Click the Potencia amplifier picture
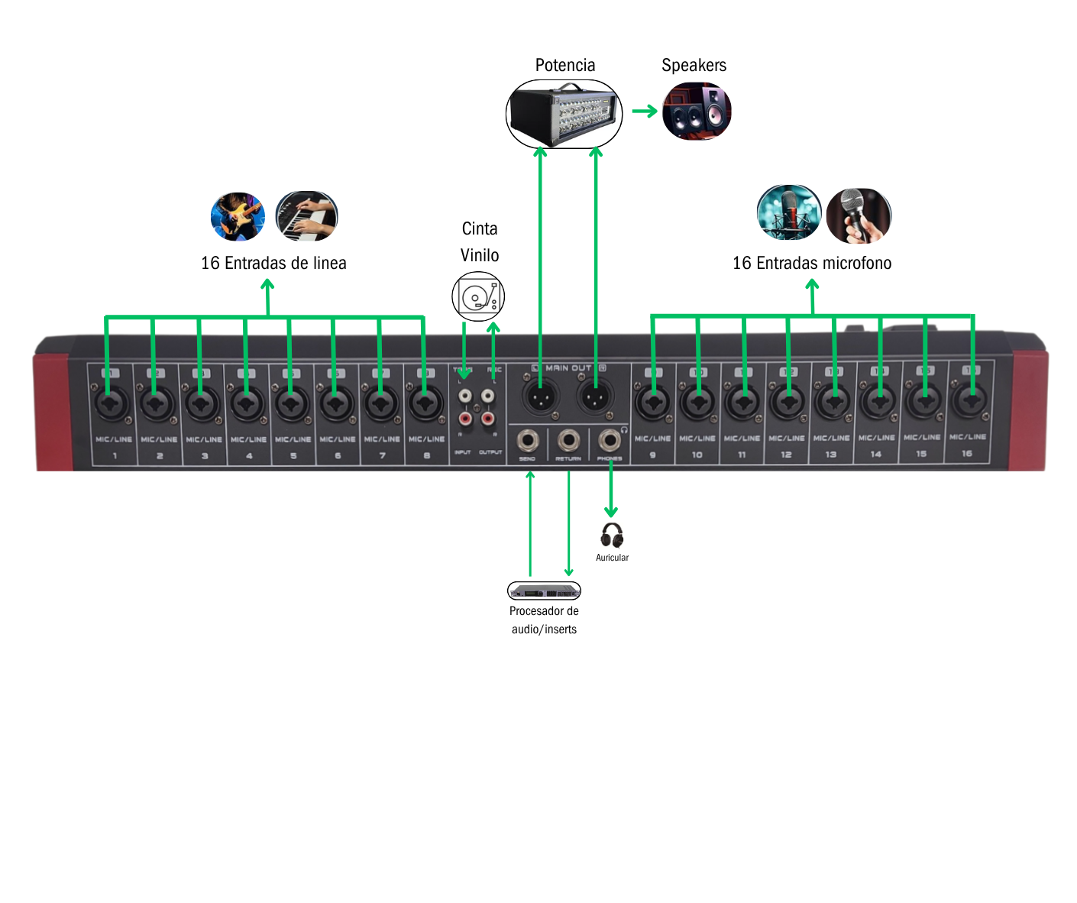tap(564, 114)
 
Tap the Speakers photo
tap(697, 112)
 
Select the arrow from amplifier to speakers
tap(645, 112)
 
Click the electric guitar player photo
tap(238, 216)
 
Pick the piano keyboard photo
tap(306, 216)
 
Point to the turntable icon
tap(478, 296)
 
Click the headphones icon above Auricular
tap(612, 535)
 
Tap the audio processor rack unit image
tap(544, 591)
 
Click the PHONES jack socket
tap(609, 442)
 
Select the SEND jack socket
tap(528, 442)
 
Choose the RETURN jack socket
tap(568, 442)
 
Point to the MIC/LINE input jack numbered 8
tap(426, 403)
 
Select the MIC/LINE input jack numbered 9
tap(653, 403)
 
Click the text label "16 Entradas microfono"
tap(812, 264)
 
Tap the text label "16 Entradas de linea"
tap(273, 264)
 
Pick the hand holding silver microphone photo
tap(859, 216)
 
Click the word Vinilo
tap(480, 255)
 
